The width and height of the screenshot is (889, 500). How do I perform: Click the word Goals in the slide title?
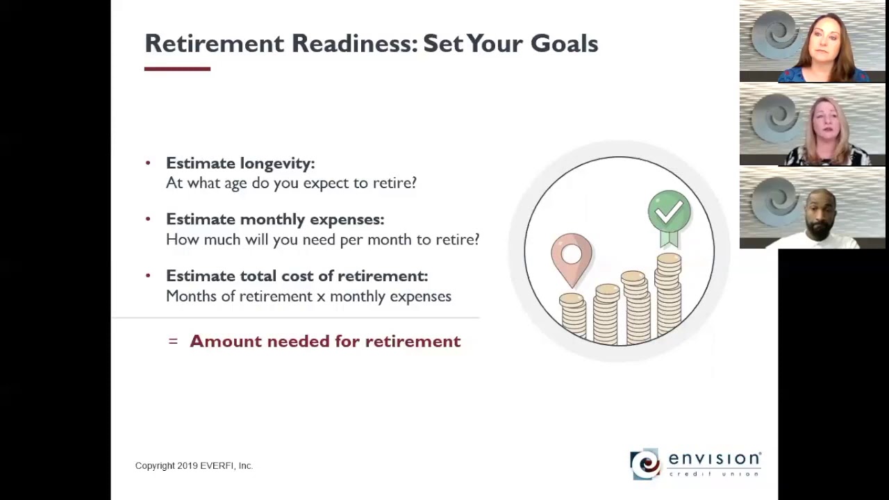pyautogui.click(x=564, y=43)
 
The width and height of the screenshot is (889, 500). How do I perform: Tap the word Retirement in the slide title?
pyautogui.click(x=215, y=43)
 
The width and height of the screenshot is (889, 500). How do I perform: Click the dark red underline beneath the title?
pyautogui.click(x=177, y=69)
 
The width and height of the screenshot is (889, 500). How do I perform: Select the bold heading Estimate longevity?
pyautogui.click(x=240, y=163)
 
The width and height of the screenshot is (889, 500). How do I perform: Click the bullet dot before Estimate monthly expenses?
pyautogui.click(x=148, y=219)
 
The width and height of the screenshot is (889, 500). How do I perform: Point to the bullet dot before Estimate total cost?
pyautogui.click(x=148, y=276)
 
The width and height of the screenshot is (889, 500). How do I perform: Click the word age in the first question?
pyautogui.click(x=235, y=183)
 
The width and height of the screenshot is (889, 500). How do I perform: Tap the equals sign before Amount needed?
pyautogui.click(x=173, y=341)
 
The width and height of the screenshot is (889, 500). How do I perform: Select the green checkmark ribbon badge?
pyautogui.click(x=670, y=217)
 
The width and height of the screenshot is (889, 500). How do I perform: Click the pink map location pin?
pyautogui.click(x=572, y=260)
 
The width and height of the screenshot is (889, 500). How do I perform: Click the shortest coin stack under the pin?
pyautogui.click(x=573, y=316)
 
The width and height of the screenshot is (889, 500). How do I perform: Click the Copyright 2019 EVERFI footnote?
pyautogui.click(x=194, y=465)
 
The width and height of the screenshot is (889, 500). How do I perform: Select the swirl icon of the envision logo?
pyautogui.click(x=645, y=464)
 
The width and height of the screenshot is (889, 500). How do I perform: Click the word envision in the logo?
pyautogui.click(x=715, y=459)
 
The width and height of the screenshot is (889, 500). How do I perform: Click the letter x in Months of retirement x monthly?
pyautogui.click(x=321, y=297)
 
